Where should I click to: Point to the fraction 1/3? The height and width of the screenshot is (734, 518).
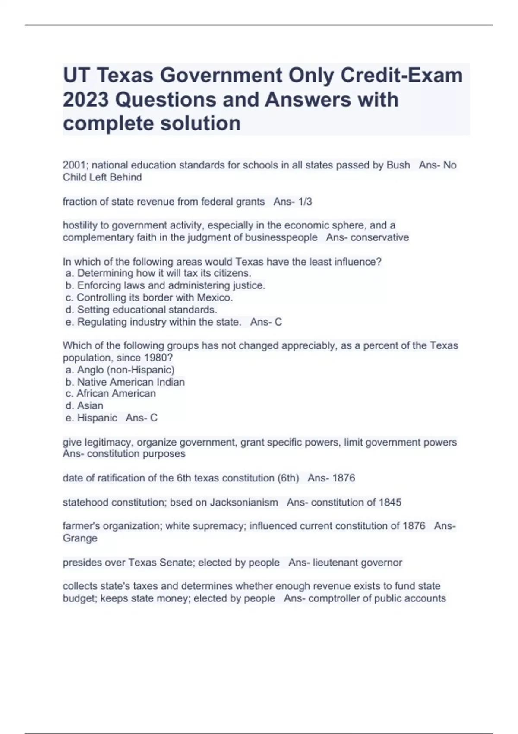click(x=303, y=202)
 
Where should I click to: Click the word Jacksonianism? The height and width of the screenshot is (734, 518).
click(x=244, y=502)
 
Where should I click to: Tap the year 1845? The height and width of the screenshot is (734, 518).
click(x=390, y=502)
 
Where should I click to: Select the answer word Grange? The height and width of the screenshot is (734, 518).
click(x=80, y=538)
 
